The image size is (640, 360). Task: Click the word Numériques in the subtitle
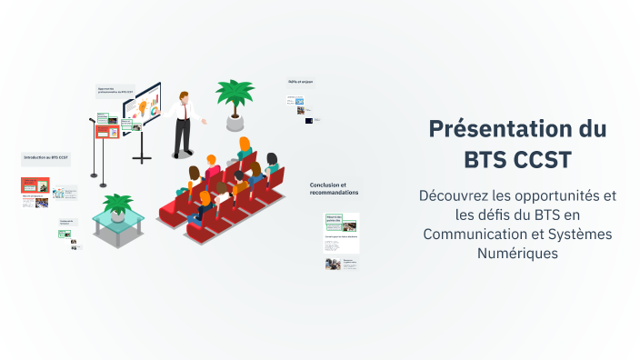517,254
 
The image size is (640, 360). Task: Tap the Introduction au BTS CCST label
46,157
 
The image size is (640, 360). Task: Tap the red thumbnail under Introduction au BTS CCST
35,185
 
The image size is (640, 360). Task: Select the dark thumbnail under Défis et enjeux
309,120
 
